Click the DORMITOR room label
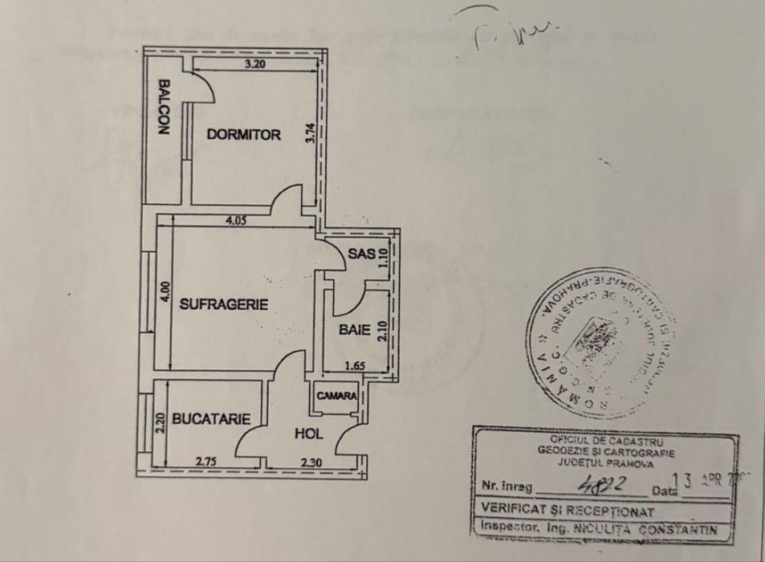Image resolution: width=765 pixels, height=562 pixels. [x=243, y=135]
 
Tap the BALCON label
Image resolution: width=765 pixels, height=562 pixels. [x=164, y=106]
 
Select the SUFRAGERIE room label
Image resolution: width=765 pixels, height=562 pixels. [x=223, y=304]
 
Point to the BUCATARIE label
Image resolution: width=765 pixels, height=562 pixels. [x=205, y=418]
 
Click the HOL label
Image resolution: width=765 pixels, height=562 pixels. [x=308, y=434]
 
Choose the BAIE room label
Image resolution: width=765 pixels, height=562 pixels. [x=353, y=329]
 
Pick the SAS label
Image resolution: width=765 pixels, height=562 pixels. [x=358, y=255]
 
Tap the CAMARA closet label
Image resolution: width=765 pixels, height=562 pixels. [x=336, y=396]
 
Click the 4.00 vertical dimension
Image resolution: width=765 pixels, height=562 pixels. [x=164, y=291]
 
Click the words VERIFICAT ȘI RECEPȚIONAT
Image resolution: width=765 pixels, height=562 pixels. [x=565, y=510]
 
